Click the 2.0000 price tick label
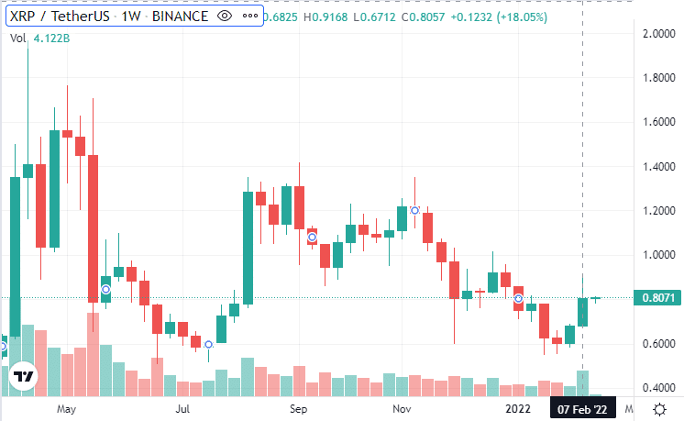click(x=658, y=34)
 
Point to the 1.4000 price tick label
click(x=658, y=167)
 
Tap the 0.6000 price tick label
click(x=658, y=344)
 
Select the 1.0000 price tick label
click(x=658, y=255)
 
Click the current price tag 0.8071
click(x=659, y=298)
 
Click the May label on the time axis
click(x=64, y=408)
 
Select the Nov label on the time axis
click(x=400, y=408)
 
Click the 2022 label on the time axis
click(x=519, y=408)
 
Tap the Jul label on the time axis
click(x=182, y=408)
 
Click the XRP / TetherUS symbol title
click(x=61, y=17)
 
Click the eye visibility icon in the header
click(x=226, y=17)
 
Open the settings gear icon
click(x=659, y=408)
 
